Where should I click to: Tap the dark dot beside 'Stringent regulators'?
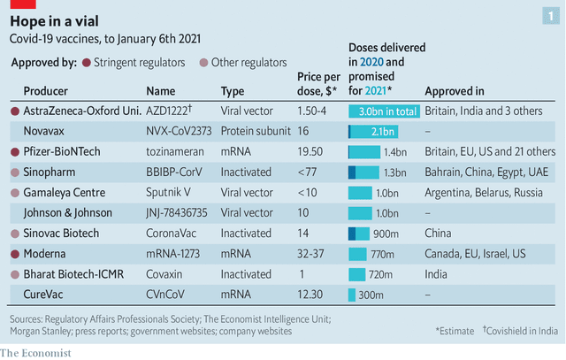[x=86, y=63]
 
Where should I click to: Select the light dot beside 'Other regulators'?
[x=204, y=63]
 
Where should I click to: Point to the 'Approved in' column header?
[x=454, y=91]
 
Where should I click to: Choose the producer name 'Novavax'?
[x=45, y=132]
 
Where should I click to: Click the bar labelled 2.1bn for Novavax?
[x=372, y=132]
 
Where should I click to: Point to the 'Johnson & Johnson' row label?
[x=67, y=212]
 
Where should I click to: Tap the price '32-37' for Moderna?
[x=311, y=254]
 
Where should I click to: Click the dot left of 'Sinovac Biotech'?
[x=13, y=234]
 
